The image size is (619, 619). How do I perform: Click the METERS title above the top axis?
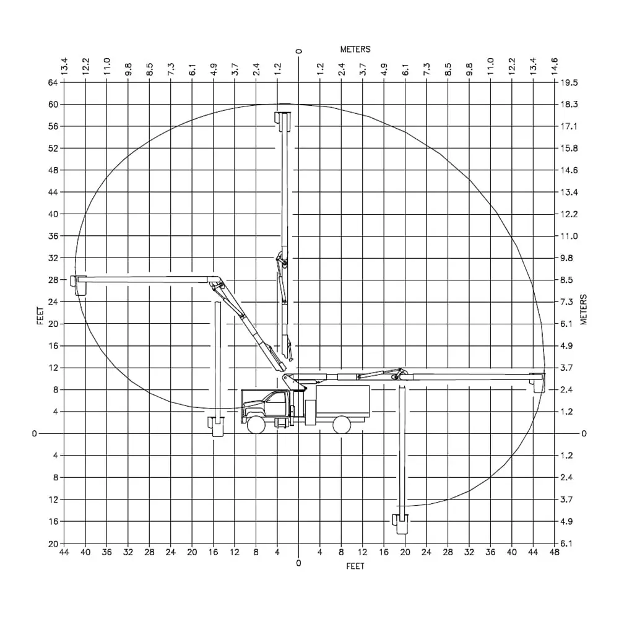(355, 50)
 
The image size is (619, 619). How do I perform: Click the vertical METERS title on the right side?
(584, 309)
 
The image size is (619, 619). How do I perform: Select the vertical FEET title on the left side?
(40, 316)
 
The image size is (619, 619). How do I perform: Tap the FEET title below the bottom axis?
(355, 566)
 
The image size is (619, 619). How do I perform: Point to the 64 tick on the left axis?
(53, 82)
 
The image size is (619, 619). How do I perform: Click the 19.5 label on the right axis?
(569, 82)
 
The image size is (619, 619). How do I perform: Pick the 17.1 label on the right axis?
(569, 126)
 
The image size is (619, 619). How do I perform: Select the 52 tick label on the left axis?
(53, 149)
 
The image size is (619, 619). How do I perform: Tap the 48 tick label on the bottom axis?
(554, 552)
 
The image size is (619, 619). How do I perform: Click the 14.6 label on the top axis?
(555, 66)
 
